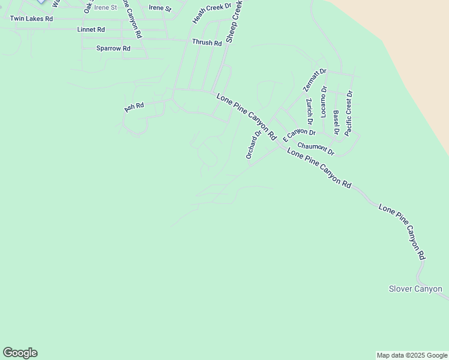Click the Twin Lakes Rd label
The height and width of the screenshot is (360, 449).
(x=31, y=19)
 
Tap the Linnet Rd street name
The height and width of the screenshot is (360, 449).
(x=91, y=29)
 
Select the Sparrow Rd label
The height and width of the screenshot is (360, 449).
(x=113, y=48)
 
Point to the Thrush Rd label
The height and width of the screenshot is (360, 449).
(x=207, y=43)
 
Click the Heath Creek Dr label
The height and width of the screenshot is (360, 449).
(x=212, y=13)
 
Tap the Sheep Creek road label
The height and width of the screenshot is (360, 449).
(x=234, y=21)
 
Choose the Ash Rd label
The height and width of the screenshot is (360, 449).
(x=134, y=107)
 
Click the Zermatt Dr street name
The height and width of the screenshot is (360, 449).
(x=315, y=79)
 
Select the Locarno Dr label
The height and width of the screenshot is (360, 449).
(x=324, y=101)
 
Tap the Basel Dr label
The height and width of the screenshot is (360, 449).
(x=336, y=122)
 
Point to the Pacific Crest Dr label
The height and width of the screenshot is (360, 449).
(x=349, y=113)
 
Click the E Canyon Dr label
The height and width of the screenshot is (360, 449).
(x=299, y=132)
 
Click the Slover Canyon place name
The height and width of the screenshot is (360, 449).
(x=415, y=289)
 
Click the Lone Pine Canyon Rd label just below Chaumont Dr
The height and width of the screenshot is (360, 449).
(x=319, y=168)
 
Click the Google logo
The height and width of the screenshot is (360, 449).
(x=20, y=353)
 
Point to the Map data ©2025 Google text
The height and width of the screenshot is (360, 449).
(x=411, y=355)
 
